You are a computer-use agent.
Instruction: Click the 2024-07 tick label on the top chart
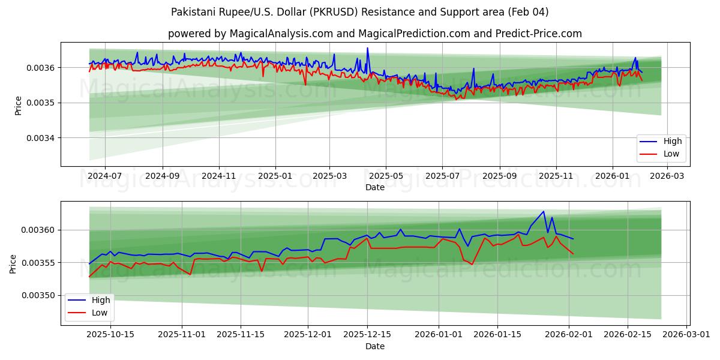point(104,176)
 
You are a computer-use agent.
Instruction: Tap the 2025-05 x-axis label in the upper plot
point(385,176)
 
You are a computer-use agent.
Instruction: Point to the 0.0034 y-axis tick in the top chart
point(41,138)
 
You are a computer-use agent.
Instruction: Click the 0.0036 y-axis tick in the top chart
point(41,68)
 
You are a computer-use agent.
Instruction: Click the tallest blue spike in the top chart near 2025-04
point(368,48)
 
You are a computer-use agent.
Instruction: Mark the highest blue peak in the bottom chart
point(544,211)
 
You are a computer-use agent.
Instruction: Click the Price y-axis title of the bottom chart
point(13,263)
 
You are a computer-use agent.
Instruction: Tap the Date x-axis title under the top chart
point(375,187)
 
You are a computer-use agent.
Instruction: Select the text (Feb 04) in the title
point(529,12)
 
